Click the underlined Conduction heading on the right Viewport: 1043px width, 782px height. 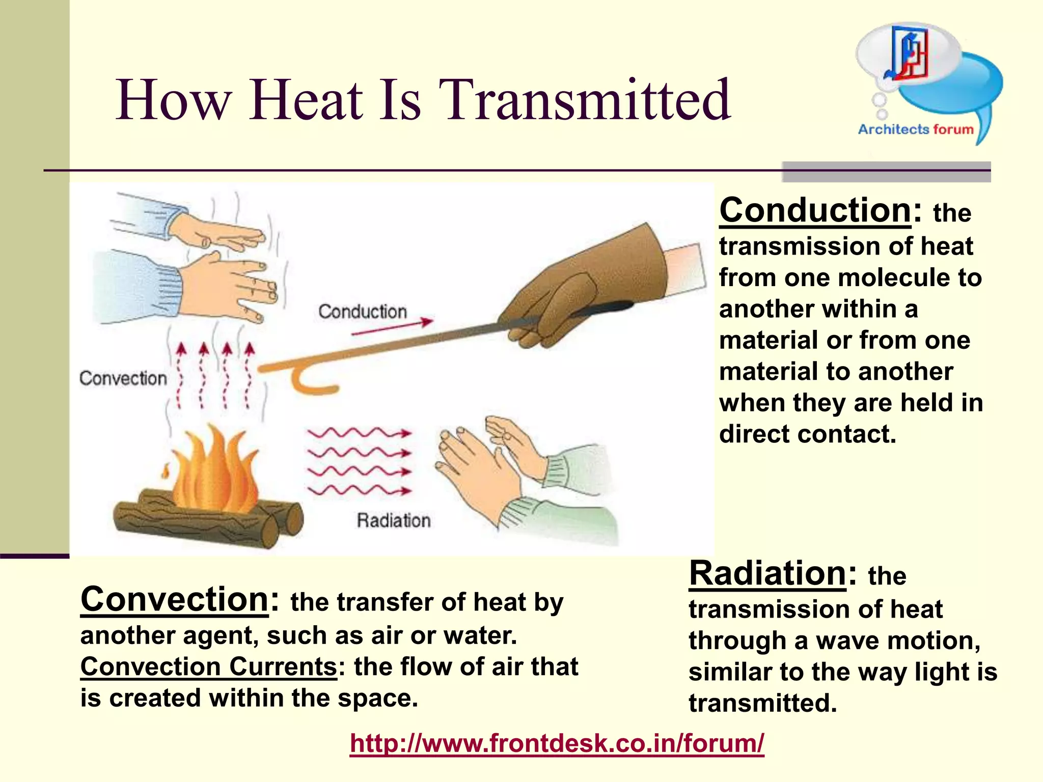tap(815, 210)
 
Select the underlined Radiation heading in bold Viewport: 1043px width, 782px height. tap(767, 573)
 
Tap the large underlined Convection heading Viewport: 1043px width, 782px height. tap(174, 599)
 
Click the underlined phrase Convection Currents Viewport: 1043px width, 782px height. tap(208, 666)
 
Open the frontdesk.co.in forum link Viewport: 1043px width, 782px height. tap(557, 743)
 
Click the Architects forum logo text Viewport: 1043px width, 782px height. tap(915, 129)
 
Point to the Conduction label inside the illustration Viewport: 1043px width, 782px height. tap(363, 312)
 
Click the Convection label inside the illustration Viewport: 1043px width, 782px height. tap(123, 378)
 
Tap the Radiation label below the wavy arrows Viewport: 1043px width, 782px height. tap(394, 520)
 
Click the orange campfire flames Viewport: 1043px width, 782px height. tap(214, 471)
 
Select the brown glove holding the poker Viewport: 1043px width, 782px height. tap(586, 285)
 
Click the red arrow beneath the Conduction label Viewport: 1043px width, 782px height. tap(392, 327)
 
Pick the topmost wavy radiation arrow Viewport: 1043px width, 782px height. tap(359, 433)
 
